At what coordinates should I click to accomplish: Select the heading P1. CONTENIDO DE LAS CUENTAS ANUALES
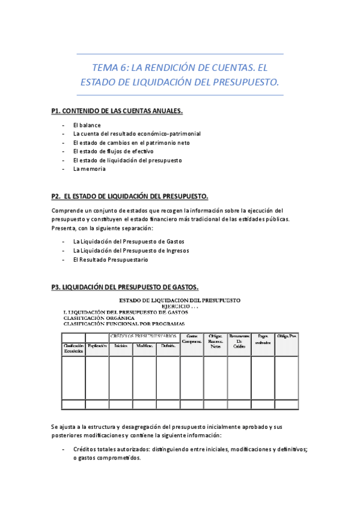(117, 111)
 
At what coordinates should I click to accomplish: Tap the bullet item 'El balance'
(87, 125)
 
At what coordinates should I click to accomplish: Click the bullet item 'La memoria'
(89, 169)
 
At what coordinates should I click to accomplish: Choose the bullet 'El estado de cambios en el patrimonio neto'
(131, 143)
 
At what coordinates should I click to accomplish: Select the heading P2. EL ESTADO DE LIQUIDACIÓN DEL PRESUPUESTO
(130, 196)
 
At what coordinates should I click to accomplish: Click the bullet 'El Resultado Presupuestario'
(110, 259)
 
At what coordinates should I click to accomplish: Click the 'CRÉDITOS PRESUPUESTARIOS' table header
(144, 336)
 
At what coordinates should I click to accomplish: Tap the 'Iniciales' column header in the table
(120, 346)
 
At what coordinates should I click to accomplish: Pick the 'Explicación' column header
(97, 346)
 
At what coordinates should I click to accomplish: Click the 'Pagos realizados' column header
(263, 339)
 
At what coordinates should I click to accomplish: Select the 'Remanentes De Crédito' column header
(239, 341)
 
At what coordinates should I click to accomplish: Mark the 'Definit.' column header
(168, 346)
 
